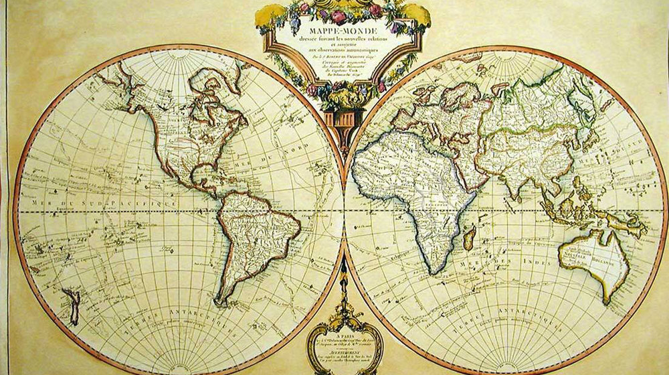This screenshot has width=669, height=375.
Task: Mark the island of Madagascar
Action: [470, 238]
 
